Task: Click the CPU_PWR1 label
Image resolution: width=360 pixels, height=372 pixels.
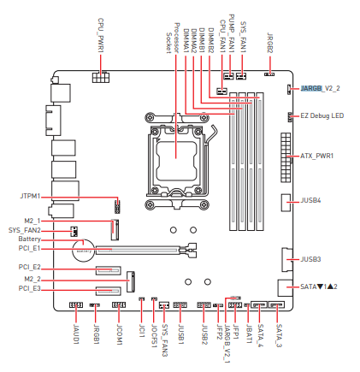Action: click(x=101, y=35)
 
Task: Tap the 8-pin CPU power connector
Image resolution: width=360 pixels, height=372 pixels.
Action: click(x=101, y=77)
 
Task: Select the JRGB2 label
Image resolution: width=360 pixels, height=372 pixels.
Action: click(x=270, y=43)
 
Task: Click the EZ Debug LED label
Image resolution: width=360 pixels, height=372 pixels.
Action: click(x=322, y=115)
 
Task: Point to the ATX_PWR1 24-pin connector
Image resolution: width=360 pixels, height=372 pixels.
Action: click(x=286, y=157)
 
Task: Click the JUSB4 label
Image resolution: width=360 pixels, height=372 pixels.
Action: click(x=310, y=200)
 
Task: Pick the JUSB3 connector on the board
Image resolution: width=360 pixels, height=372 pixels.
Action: click(x=287, y=260)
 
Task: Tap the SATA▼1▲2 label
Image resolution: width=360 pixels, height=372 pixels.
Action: click(x=319, y=286)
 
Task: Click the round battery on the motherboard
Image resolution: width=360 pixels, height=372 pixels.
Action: click(x=83, y=250)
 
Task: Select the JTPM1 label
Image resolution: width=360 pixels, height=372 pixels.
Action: click(x=30, y=197)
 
